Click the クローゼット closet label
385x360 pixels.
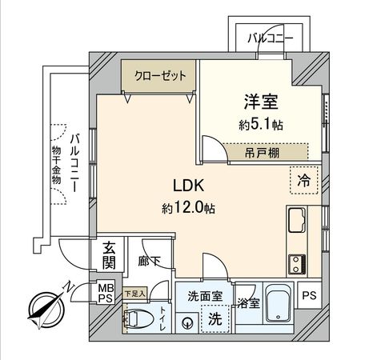point(159,76)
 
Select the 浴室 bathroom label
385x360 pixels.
point(248,303)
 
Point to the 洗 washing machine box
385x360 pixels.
point(215,317)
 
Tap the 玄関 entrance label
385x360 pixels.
point(107,256)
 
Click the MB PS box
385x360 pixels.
point(106,290)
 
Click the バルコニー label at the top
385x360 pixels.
point(270,38)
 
